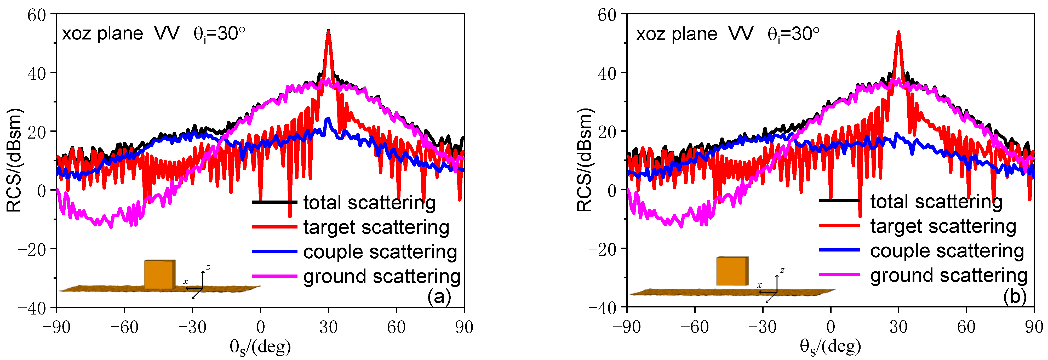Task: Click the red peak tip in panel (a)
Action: pos(328,32)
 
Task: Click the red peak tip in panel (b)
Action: pos(898,32)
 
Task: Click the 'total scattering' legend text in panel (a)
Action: pos(369,203)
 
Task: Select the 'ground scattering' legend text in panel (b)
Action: pos(949,275)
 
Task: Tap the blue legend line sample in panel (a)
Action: pos(274,252)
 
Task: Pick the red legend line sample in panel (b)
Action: pos(839,226)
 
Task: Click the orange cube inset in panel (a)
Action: pos(159,275)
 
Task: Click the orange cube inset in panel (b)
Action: pos(732,271)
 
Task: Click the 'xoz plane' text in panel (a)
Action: pos(102,33)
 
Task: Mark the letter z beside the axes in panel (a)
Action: pos(208,267)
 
